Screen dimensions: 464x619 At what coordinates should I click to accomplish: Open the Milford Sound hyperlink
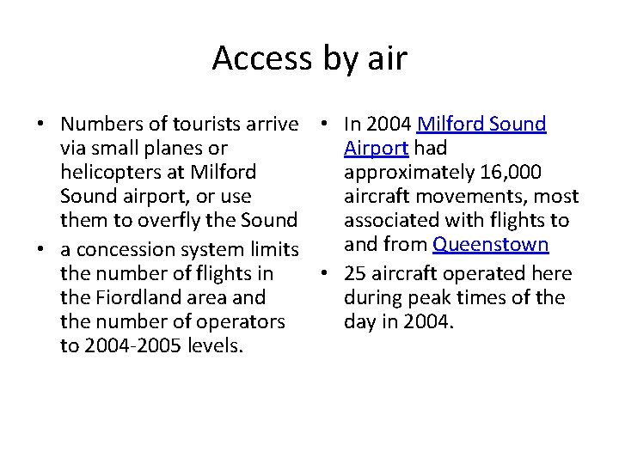pos(481,125)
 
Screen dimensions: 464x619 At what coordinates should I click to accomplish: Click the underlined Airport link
pos(376,148)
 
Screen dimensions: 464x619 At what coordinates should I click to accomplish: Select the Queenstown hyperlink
pos(490,245)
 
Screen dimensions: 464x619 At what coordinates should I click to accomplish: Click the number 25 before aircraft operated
pos(355,274)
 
